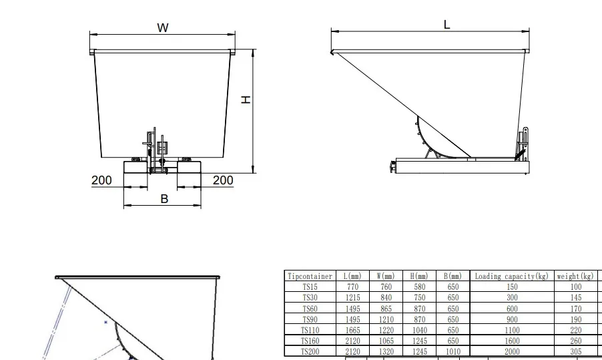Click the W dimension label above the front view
pyautogui.click(x=163, y=27)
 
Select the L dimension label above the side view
pyautogui.click(x=446, y=24)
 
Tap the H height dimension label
pyautogui.click(x=246, y=99)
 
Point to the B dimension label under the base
pyautogui.click(x=164, y=199)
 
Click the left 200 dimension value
pyautogui.click(x=101, y=180)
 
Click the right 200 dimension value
pyautogui.click(x=223, y=180)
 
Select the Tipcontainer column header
pyautogui.click(x=310, y=276)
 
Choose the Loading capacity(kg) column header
pyautogui.click(x=512, y=276)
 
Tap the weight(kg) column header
pyautogui.click(x=575, y=276)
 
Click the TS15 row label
pyautogui.click(x=310, y=287)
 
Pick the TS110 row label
pyautogui.click(x=310, y=330)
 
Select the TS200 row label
pyautogui.click(x=310, y=351)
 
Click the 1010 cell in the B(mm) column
pyautogui.click(x=453, y=351)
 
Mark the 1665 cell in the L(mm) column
pyautogui.click(x=352, y=330)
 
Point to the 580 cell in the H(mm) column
pyautogui.click(x=419, y=287)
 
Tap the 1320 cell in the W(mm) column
pyautogui.click(x=386, y=351)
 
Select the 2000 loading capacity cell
pyautogui.click(x=512, y=351)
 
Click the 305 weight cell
pyautogui.click(x=575, y=351)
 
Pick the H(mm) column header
pyautogui.click(x=419, y=276)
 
